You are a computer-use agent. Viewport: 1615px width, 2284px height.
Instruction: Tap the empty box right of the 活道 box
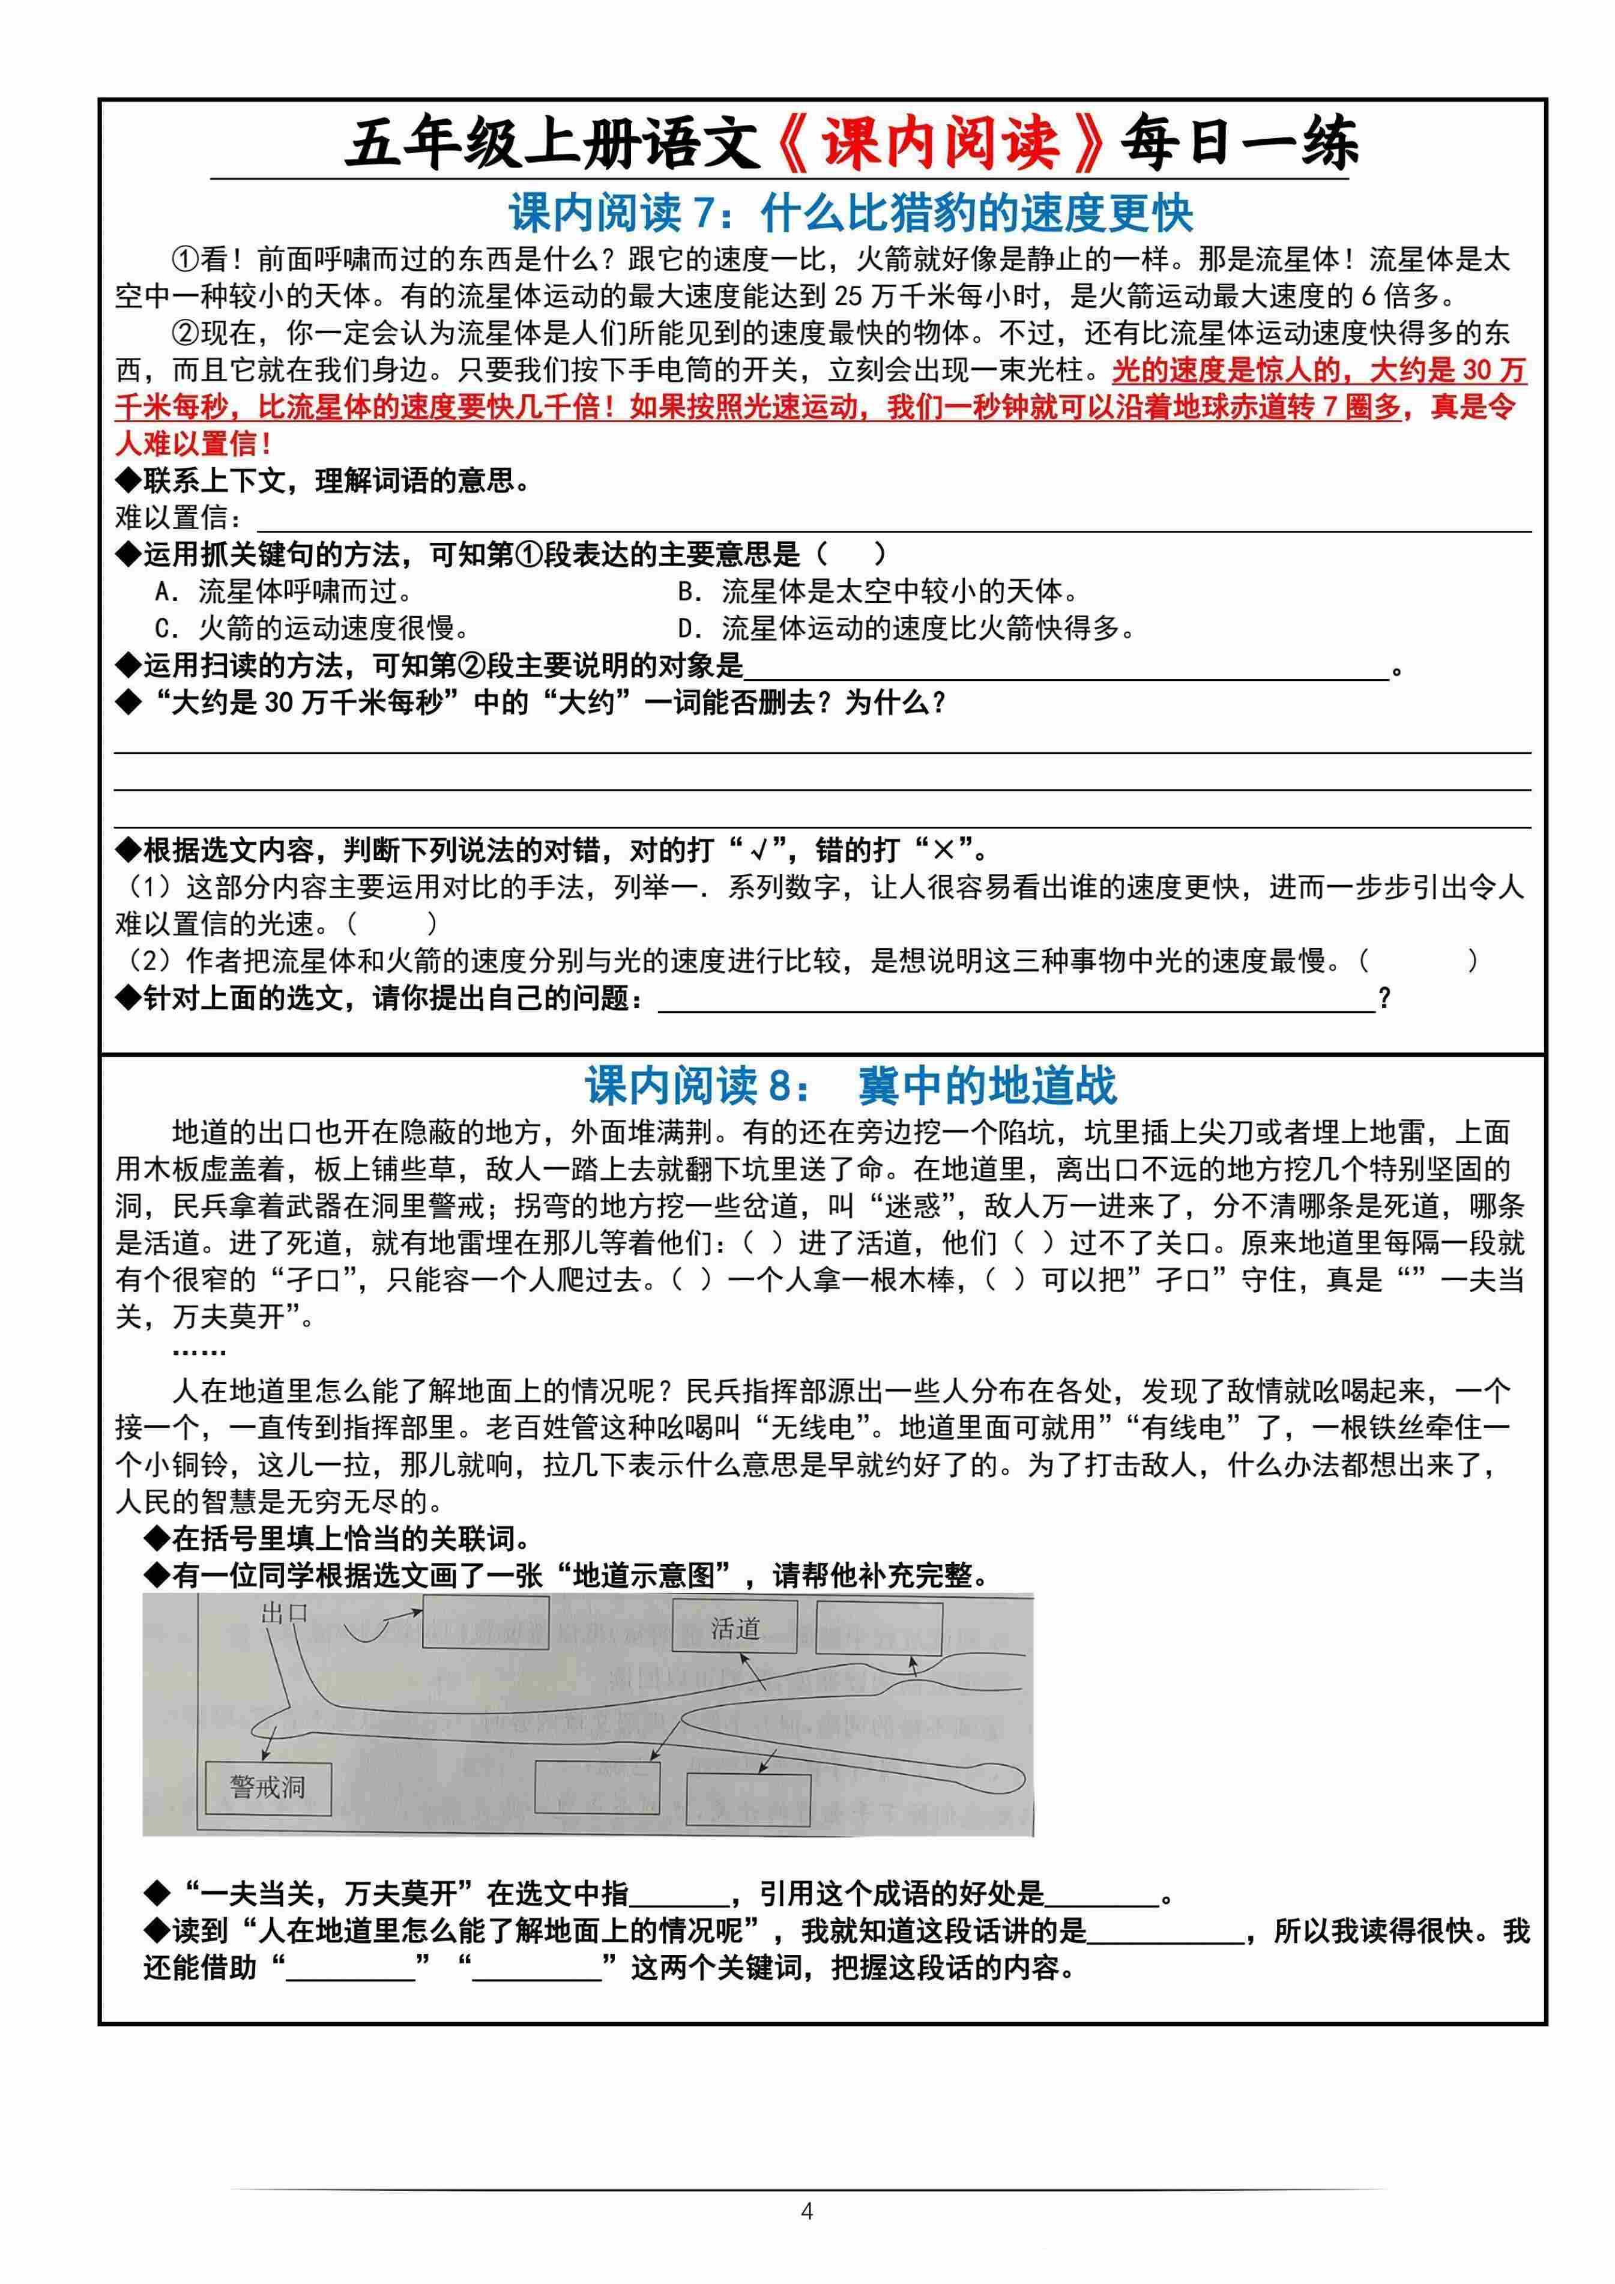[x=878, y=1628]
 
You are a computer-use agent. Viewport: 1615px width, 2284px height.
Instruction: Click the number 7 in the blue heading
[x=703, y=214]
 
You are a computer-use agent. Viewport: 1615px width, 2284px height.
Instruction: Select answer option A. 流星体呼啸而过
[x=283, y=592]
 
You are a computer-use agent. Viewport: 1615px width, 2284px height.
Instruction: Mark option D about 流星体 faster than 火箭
[x=905, y=629]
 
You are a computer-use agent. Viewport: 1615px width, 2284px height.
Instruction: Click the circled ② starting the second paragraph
[x=186, y=333]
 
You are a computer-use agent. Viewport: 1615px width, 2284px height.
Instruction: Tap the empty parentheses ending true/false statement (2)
[x=1416, y=961]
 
